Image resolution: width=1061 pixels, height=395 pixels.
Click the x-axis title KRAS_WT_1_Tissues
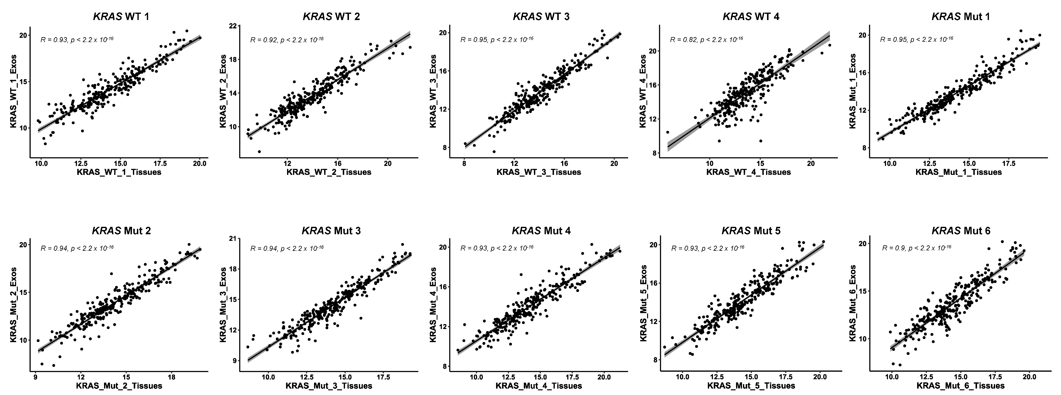(119, 172)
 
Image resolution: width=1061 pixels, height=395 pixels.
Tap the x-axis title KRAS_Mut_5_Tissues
(751, 386)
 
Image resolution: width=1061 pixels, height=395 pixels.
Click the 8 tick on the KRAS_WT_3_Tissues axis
(465, 163)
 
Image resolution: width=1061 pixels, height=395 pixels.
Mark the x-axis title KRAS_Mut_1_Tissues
(958, 172)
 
